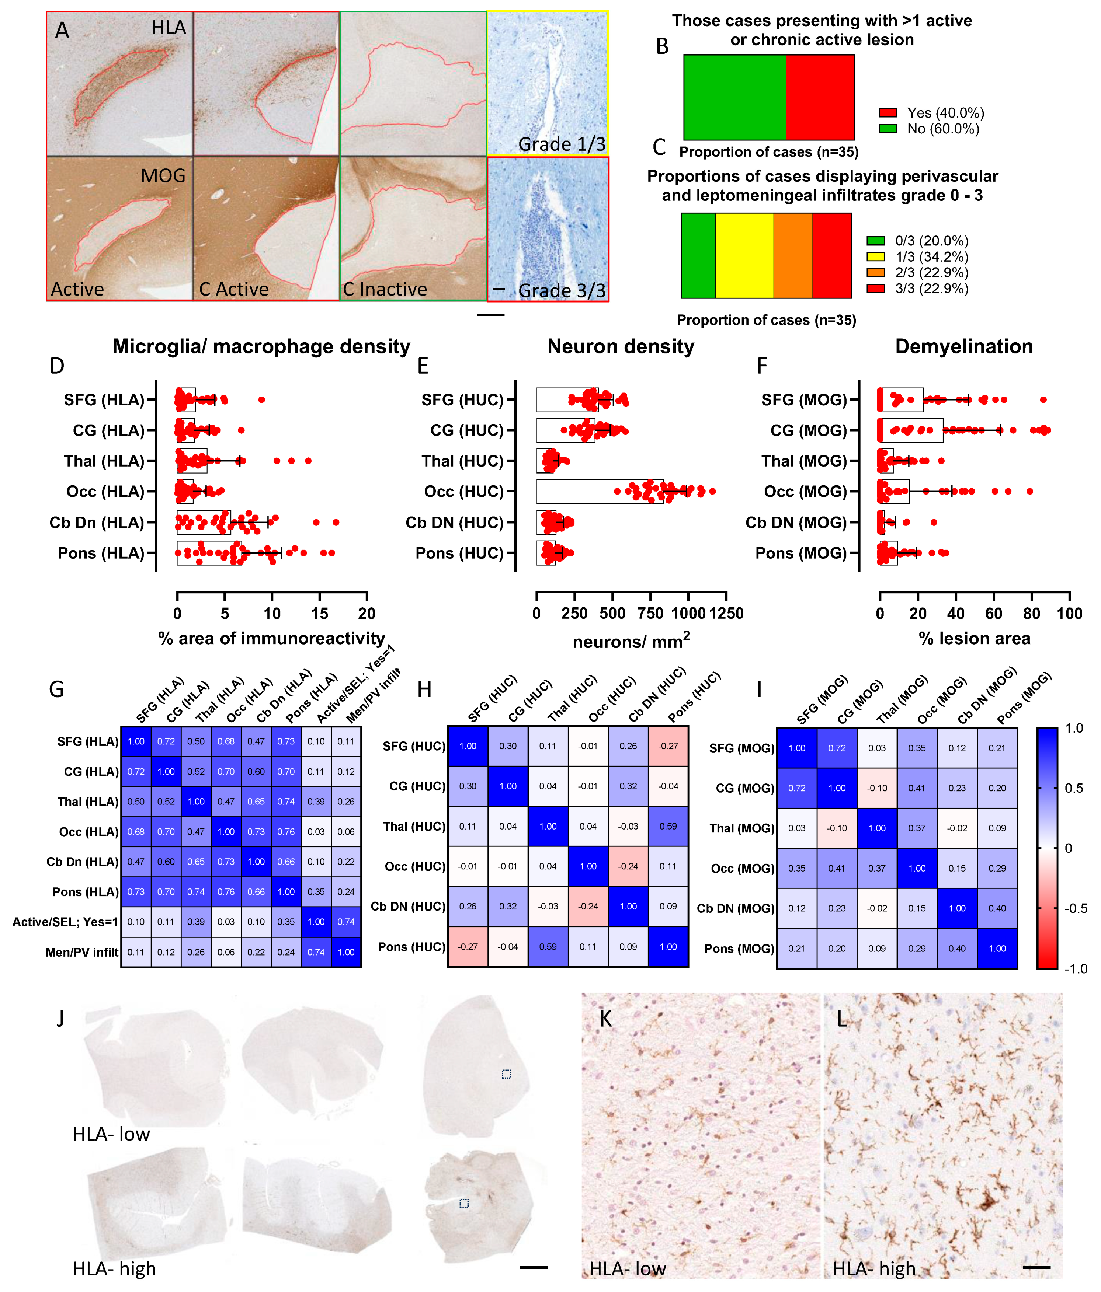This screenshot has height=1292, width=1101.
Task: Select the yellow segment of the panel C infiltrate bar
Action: tap(744, 256)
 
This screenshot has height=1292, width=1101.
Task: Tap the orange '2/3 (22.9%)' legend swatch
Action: tap(875, 272)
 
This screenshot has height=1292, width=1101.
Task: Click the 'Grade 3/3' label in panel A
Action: tap(562, 291)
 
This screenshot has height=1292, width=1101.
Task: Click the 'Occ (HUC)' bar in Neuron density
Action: tap(599, 491)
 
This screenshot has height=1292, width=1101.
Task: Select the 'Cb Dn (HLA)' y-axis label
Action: tap(97, 523)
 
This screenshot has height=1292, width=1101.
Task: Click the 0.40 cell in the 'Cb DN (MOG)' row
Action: tap(997, 908)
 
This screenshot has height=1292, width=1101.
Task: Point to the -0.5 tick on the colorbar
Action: tap(1076, 908)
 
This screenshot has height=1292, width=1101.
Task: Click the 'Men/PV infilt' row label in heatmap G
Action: tap(82, 952)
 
